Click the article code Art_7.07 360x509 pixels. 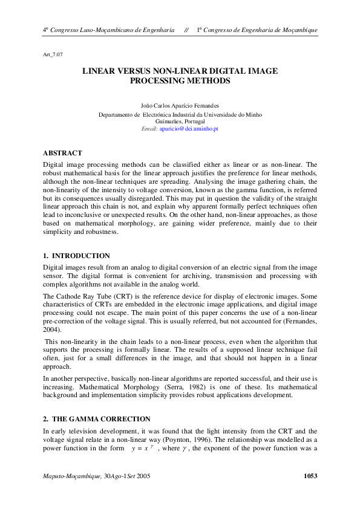(x=52, y=54)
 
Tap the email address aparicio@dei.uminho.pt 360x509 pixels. (x=189, y=129)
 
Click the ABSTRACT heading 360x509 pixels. (x=62, y=153)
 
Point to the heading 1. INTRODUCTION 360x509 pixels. (x=76, y=256)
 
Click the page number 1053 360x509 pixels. (x=310, y=476)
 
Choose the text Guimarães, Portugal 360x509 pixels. (x=180, y=121)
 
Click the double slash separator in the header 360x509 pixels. (x=186, y=30)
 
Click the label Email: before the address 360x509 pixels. (x=149, y=129)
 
